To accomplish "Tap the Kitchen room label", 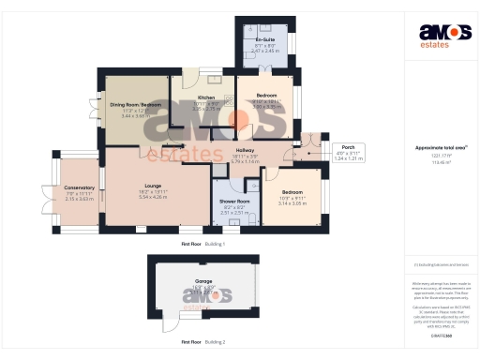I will [x=205, y=97].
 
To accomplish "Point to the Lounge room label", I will [x=151, y=187].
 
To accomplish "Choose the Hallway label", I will [x=245, y=150].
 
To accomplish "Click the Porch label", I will [x=348, y=147].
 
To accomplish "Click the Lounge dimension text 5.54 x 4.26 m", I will [x=151, y=198].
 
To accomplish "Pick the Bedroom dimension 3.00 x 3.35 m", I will [x=266, y=106].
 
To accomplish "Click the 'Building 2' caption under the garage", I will [x=216, y=342].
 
